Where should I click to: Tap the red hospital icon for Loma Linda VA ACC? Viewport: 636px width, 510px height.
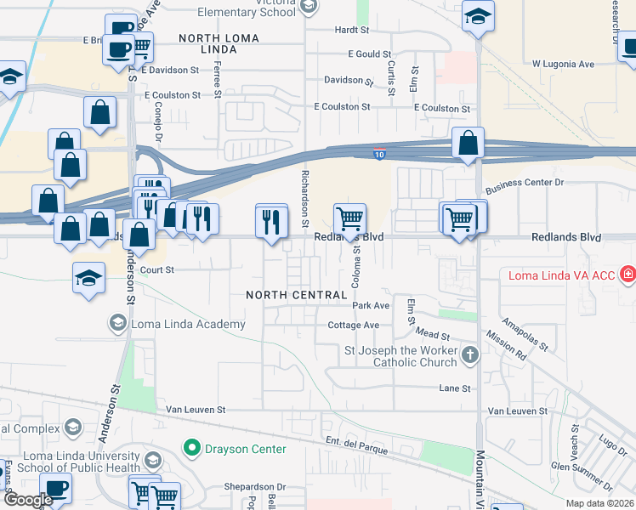(627, 275)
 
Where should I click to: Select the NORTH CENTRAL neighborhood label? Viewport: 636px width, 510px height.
(292, 295)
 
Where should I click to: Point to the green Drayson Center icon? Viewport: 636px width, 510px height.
(192, 447)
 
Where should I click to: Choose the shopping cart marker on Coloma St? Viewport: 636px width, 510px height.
(349, 219)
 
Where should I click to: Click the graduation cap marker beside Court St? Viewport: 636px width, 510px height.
(88, 279)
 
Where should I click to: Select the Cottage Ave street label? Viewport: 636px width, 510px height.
(353, 326)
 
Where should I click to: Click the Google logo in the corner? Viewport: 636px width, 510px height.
(27, 500)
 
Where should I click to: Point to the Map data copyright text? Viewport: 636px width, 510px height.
(600, 503)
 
